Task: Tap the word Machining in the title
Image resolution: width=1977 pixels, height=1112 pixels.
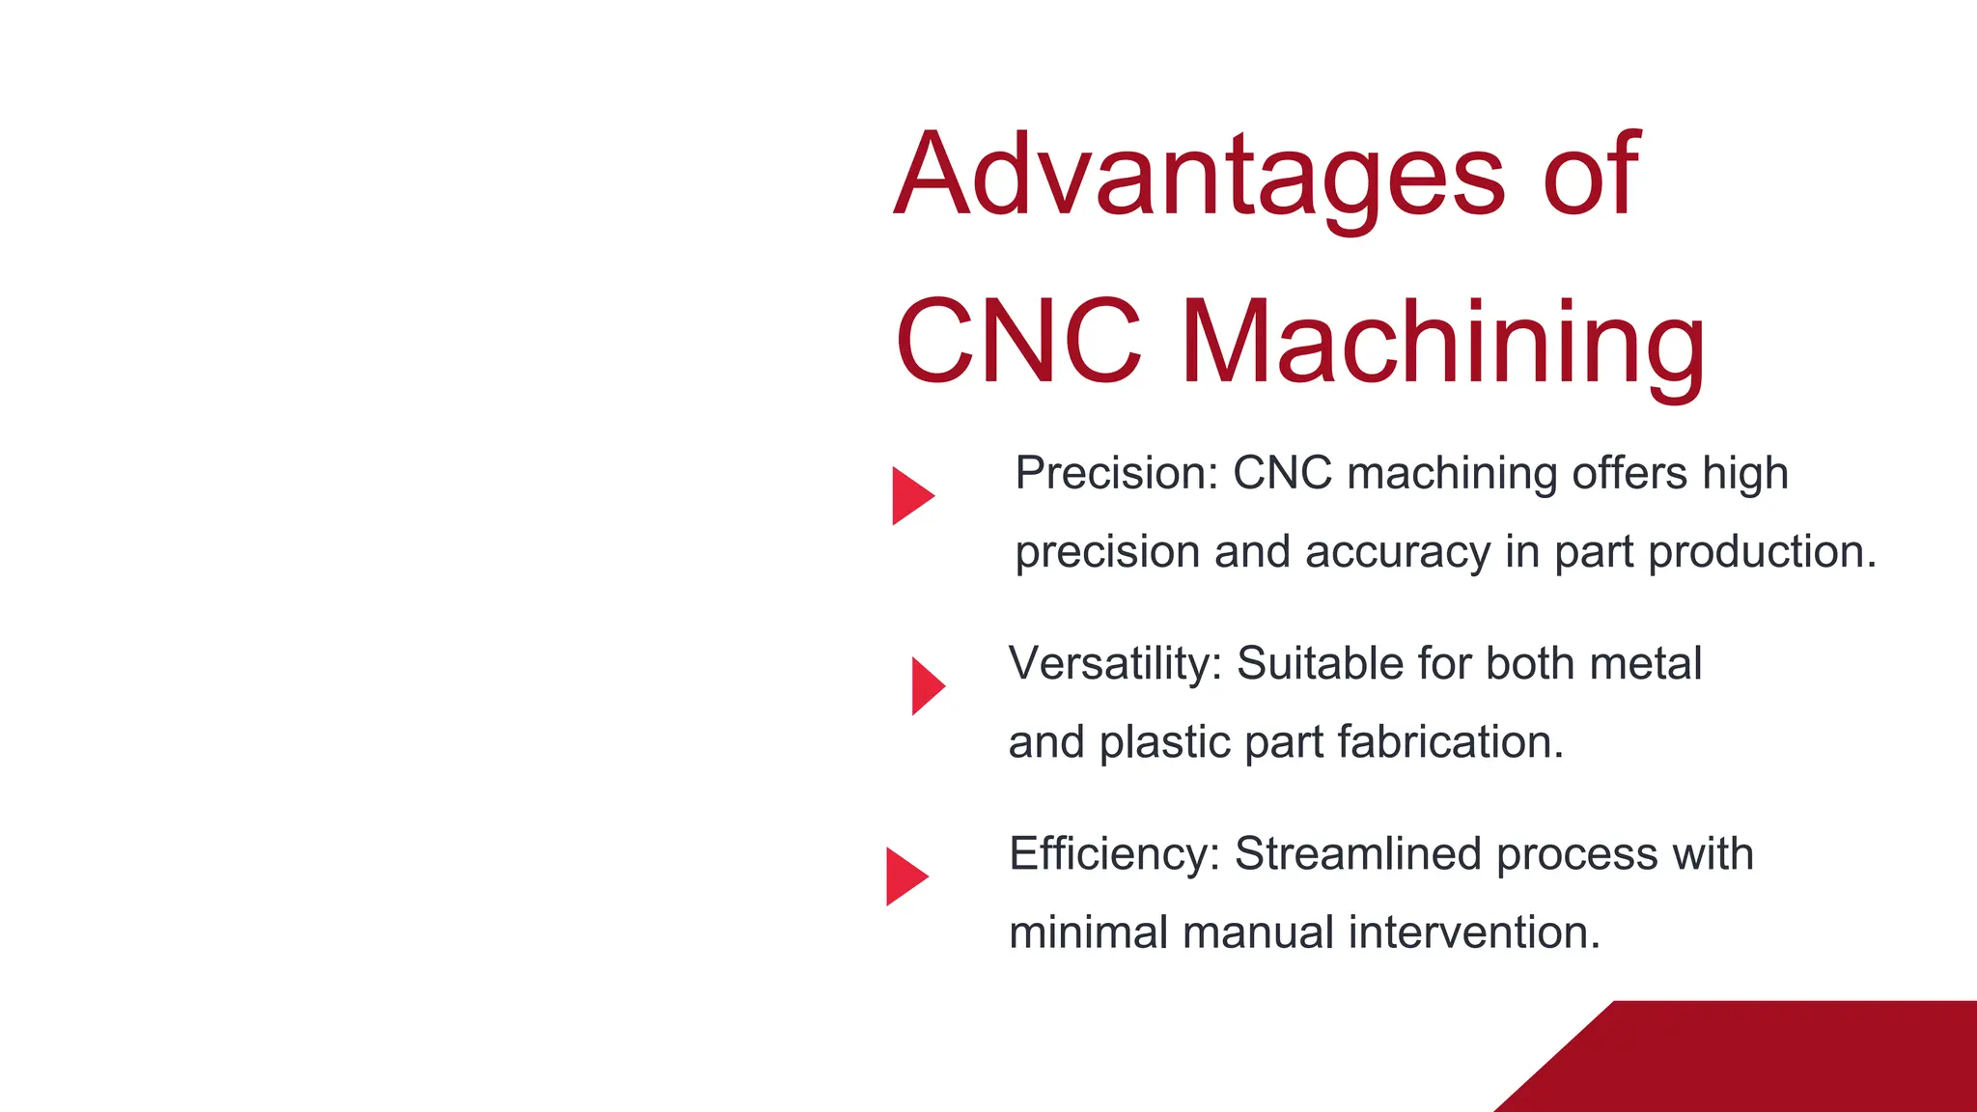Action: point(1442,344)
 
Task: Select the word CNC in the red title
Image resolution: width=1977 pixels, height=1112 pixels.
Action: point(1019,342)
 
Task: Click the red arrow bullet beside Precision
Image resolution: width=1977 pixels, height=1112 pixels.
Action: point(910,496)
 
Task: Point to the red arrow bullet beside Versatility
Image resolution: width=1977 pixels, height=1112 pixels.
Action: point(927,686)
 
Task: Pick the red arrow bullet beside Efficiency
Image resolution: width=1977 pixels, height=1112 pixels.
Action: point(905,876)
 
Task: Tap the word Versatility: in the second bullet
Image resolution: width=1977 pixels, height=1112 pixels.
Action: point(1115,664)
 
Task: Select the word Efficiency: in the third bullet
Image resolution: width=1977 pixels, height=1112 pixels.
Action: point(1114,854)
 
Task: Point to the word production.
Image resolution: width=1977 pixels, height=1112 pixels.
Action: point(1762,552)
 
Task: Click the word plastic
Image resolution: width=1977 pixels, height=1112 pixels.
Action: point(1164,742)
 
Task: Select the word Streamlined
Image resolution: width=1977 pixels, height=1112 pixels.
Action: point(1357,854)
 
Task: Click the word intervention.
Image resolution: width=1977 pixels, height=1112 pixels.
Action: point(1474,932)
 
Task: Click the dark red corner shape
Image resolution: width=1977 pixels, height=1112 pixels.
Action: point(1786,1062)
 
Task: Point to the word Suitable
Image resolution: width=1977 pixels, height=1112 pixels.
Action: point(1320,664)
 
